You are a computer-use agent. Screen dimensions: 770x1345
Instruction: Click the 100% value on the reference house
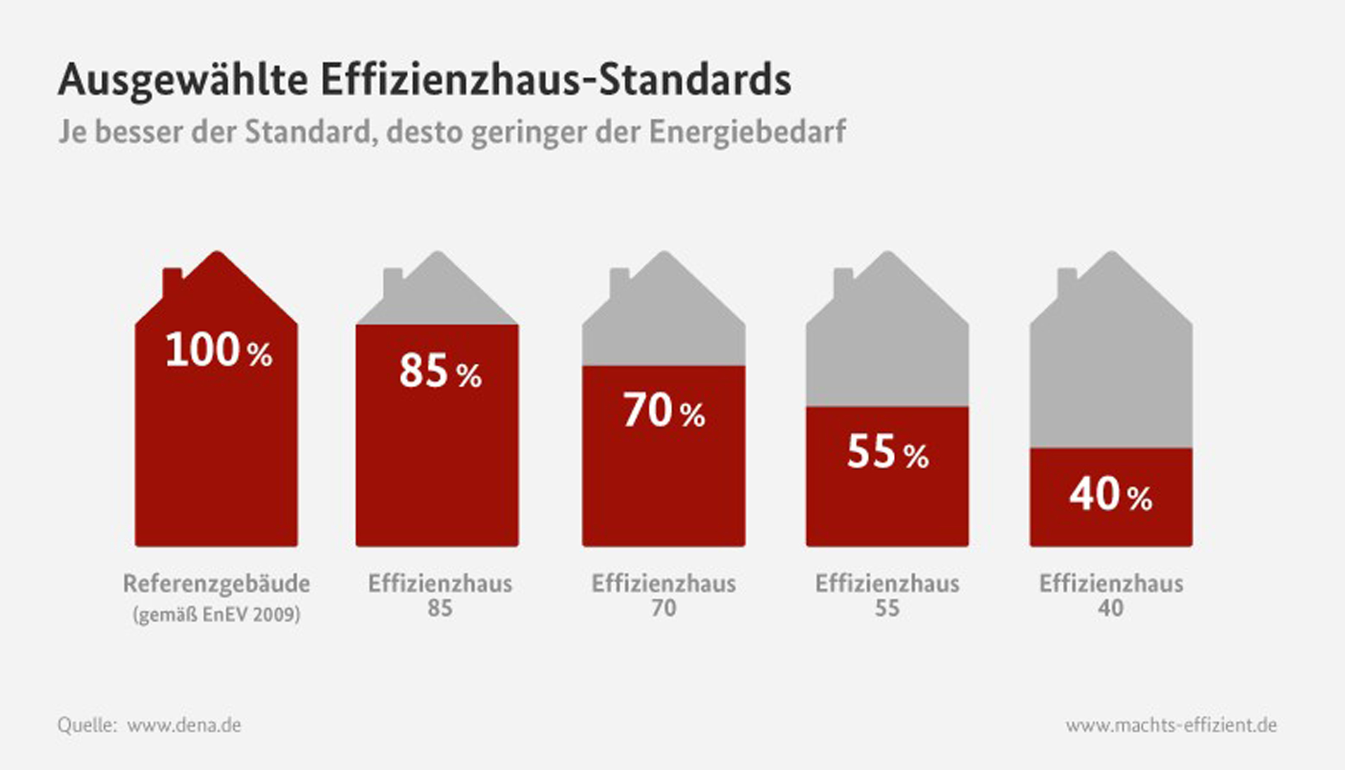tap(218, 351)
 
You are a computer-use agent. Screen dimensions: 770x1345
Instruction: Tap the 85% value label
tap(440, 371)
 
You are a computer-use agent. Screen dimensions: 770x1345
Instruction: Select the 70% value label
tap(664, 411)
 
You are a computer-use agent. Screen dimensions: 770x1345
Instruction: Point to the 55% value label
tap(887, 452)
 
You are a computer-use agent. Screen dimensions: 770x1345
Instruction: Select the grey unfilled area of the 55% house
tap(887, 352)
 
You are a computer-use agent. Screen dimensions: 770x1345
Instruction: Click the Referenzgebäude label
tap(216, 584)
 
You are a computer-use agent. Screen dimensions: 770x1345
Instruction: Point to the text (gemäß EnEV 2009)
tap(216, 615)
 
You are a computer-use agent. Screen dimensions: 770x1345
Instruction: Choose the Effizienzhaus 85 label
tap(440, 595)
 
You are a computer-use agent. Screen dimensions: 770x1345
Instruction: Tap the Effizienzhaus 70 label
tap(664, 595)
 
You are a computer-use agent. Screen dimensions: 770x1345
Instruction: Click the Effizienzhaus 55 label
tap(887, 595)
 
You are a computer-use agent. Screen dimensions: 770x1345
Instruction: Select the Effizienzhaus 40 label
tap(1111, 595)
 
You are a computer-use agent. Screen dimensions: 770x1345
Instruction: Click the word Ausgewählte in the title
tap(183, 81)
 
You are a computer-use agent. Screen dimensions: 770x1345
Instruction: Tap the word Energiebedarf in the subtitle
tap(747, 132)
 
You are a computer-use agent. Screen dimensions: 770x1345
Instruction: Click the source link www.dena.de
tap(184, 725)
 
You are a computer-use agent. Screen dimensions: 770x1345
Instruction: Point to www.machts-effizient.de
tap(1171, 725)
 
